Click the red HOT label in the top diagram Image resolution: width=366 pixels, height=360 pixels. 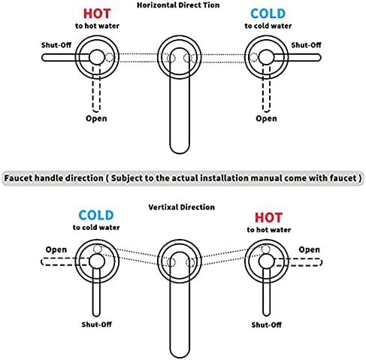click(x=97, y=14)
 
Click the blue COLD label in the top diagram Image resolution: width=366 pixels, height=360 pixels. click(x=268, y=14)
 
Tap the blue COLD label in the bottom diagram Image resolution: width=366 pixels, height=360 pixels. click(x=96, y=215)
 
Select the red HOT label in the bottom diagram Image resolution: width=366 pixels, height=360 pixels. click(x=269, y=217)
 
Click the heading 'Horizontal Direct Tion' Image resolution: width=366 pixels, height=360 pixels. click(x=178, y=5)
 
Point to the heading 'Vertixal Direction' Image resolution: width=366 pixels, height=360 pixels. click(x=182, y=207)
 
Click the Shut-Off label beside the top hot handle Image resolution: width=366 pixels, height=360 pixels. click(x=56, y=45)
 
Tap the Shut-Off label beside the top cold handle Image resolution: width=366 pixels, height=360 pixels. click(x=306, y=45)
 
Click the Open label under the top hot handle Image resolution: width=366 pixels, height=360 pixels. click(x=96, y=119)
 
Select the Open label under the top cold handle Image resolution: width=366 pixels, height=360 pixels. click(x=266, y=119)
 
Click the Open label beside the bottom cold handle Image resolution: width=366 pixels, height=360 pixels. click(x=56, y=250)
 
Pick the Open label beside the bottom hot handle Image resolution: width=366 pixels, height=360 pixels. click(x=310, y=250)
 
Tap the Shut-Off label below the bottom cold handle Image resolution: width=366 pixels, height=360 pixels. click(x=97, y=325)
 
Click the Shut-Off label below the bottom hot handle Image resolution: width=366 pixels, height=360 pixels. click(x=267, y=325)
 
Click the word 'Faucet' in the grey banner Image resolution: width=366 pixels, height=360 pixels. click(x=19, y=178)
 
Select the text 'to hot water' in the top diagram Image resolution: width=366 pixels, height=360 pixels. click(x=97, y=26)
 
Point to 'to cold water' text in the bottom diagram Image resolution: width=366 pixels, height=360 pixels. click(x=96, y=227)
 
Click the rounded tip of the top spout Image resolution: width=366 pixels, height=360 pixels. click(x=180, y=153)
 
